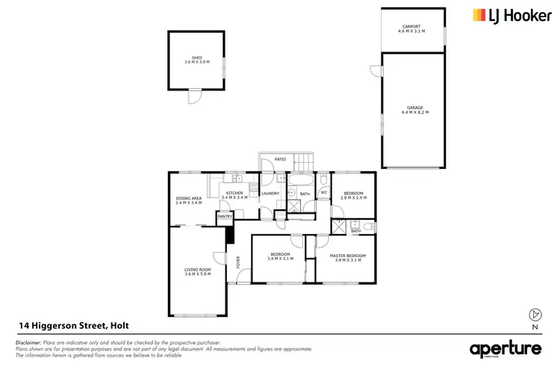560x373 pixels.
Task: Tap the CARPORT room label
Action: click(x=411, y=27)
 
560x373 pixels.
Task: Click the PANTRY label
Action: click(x=225, y=217)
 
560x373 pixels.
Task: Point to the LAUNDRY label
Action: click(x=270, y=194)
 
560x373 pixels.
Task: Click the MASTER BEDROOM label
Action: click(x=345, y=256)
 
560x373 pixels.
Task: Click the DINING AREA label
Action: click(x=189, y=198)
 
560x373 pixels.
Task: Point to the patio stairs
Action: click(x=304, y=162)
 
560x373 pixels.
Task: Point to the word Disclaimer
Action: click(x=28, y=342)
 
